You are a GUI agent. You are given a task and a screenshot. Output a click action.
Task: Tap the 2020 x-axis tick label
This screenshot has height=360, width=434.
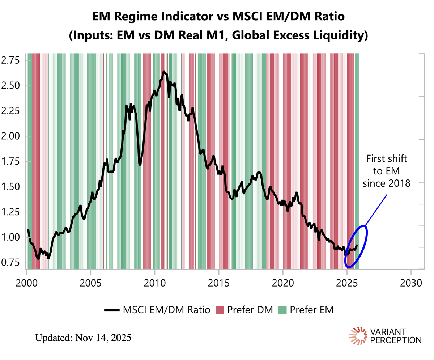283,282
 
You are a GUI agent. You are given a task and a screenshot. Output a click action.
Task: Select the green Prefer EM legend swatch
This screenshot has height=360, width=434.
282,310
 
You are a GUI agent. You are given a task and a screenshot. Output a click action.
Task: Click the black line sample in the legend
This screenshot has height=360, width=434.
112,310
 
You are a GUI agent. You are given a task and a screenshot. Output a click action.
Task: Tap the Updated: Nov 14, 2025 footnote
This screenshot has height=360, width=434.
83,338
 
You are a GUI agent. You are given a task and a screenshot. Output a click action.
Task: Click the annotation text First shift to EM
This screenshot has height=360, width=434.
387,171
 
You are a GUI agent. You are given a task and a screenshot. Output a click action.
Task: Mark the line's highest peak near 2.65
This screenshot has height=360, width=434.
163,72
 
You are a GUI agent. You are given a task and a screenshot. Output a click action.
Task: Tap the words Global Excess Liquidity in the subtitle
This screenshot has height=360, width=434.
311,35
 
